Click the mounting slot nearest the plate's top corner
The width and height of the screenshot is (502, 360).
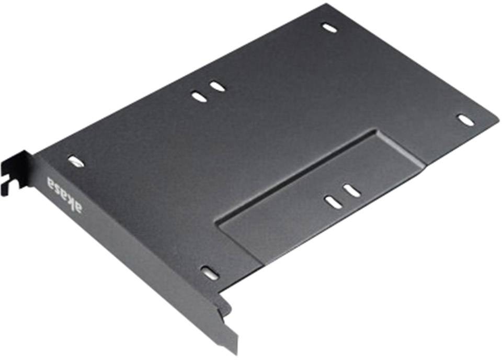(329, 27)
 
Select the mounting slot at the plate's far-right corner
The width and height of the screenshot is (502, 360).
(465, 120)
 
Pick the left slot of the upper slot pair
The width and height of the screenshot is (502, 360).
(199, 97)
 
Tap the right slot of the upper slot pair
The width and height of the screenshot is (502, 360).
(217, 86)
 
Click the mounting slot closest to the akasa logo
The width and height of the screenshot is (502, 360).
(76, 161)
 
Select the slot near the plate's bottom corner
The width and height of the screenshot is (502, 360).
(210, 273)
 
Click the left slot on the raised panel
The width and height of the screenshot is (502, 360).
(333, 202)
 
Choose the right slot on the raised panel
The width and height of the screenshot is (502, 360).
(352, 190)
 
